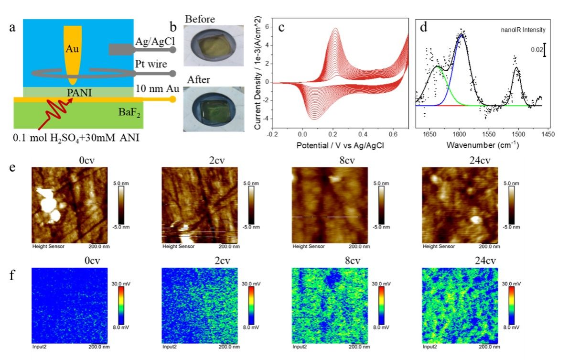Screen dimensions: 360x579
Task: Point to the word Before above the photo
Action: [x=200, y=20]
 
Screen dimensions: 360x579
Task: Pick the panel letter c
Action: [x=281, y=27]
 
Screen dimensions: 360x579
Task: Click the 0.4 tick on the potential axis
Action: [x=363, y=134]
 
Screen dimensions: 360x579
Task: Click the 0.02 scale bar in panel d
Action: [x=544, y=49]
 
